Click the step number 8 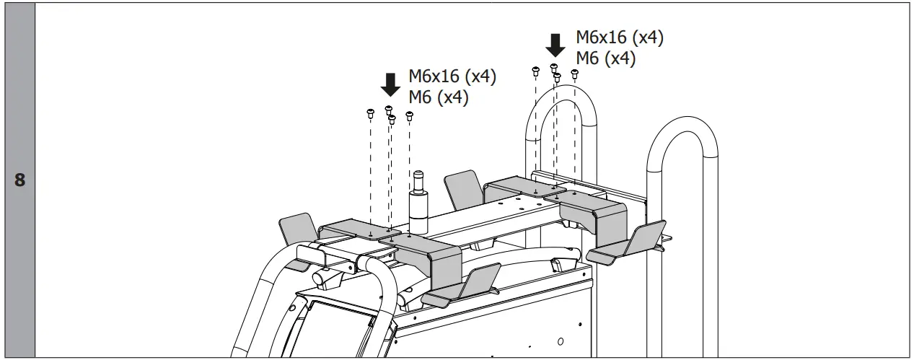pos(19,180)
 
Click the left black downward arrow pos(390,84)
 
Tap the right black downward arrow pos(555,45)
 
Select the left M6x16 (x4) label pos(452,76)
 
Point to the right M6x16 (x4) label pos(619,38)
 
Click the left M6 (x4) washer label pos(439,97)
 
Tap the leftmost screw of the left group pos(370,113)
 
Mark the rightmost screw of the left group pos(410,115)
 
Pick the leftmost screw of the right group pos(535,71)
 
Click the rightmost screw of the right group pos(575,73)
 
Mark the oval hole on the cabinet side pos(561,339)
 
